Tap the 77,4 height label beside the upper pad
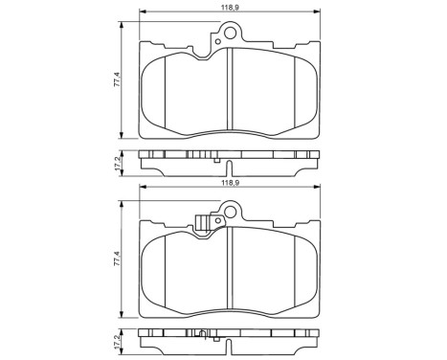pos(117,80)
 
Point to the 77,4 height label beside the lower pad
pos(117,259)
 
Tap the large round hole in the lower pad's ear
pos(227,214)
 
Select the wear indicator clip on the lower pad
pos(202,224)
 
